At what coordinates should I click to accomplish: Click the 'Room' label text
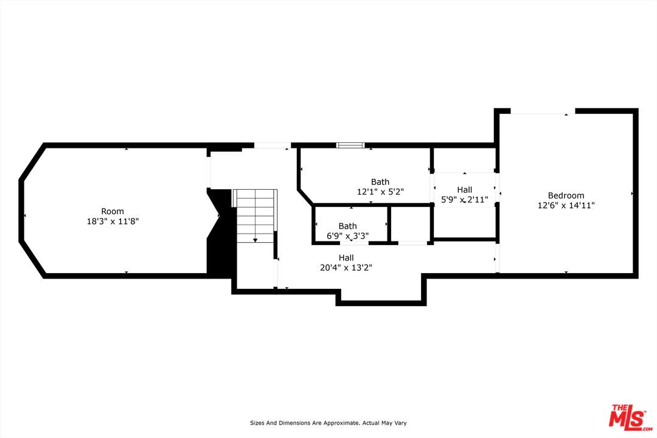pyautogui.click(x=108, y=211)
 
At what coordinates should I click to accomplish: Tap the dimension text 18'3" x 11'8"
pyautogui.click(x=113, y=221)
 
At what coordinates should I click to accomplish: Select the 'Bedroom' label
pyautogui.click(x=566, y=195)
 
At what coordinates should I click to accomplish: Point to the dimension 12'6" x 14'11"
pyautogui.click(x=566, y=206)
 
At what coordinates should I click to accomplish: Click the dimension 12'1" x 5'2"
pyautogui.click(x=380, y=192)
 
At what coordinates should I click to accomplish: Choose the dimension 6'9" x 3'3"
pyautogui.click(x=348, y=236)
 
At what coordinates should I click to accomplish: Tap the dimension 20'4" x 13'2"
pyautogui.click(x=346, y=268)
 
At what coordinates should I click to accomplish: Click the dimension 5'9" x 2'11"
pyautogui.click(x=465, y=200)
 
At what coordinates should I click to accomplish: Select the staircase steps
pyautogui.click(x=255, y=216)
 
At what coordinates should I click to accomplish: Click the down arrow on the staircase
pyautogui.click(x=255, y=240)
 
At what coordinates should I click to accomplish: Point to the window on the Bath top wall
pyautogui.click(x=350, y=145)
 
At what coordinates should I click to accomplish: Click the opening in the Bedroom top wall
pyautogui.click(x=543, y=111)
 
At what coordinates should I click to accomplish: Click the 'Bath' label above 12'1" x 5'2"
pyautogui.click(x=380, y=181)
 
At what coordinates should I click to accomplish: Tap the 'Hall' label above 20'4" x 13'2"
pyautogui.click(x=346, y=258)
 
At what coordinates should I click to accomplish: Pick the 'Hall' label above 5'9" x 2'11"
pyautogui.click(x=465, y=190)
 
